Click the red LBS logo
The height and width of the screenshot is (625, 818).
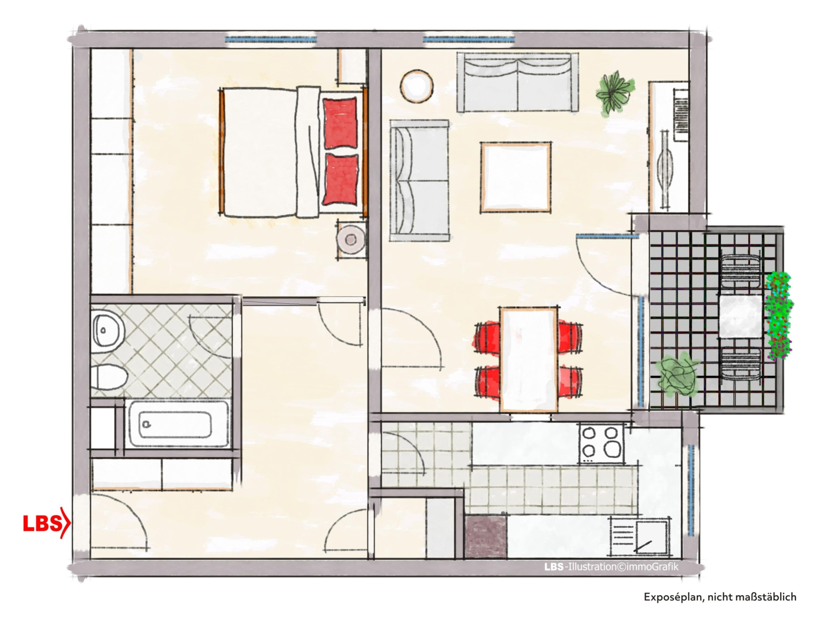pos(46,523)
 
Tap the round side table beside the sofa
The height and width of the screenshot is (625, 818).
pos(416,86)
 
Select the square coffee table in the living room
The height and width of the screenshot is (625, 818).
pos(515,177)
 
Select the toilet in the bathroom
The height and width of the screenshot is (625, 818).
pos(108,376)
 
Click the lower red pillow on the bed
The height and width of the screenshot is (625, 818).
pos(340,179)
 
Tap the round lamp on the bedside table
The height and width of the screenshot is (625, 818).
pos(351,239)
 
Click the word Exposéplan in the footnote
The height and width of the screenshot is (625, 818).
pos(673,597)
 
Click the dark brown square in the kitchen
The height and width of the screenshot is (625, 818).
pos(486,537)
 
